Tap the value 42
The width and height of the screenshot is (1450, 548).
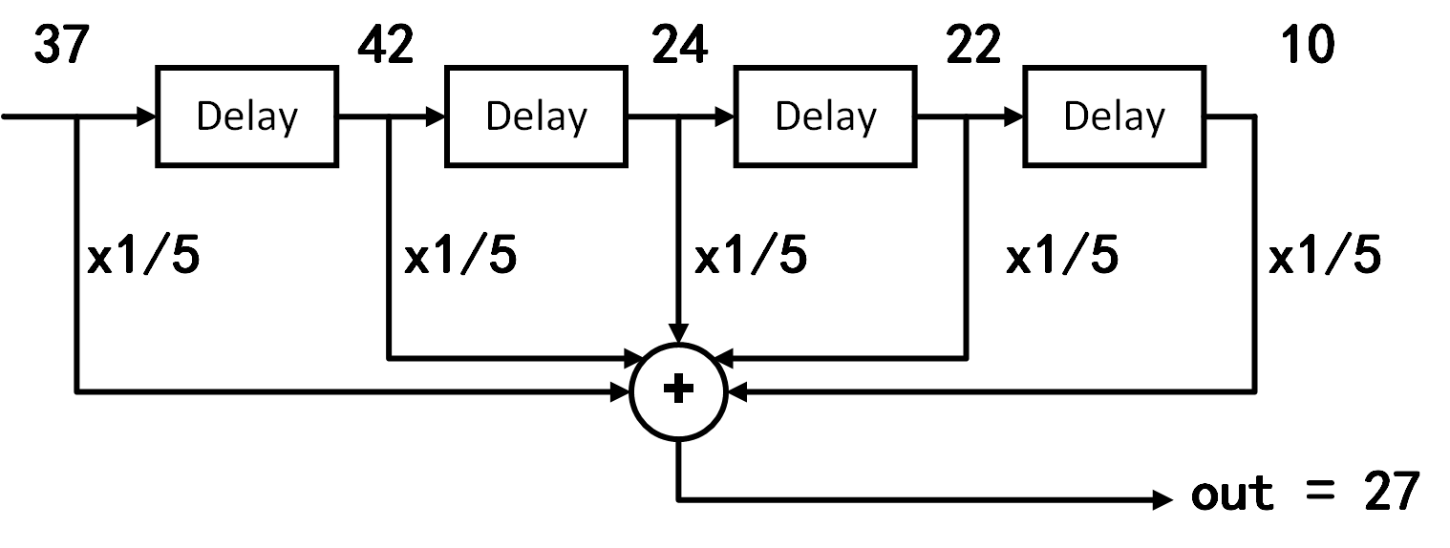coord(386,45)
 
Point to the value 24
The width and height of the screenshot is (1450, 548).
coord(679,45)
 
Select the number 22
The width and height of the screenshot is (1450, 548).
coord(973,45)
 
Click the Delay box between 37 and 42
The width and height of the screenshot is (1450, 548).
coord(246,116)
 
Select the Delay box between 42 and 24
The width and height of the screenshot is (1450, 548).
coord(536,116)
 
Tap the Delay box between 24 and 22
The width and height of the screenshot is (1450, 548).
coord(825,116)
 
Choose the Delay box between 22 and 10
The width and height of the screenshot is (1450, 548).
coord(1114,116)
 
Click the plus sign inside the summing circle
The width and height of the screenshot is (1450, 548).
coord(678,390)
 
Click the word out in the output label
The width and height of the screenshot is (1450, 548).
coord(1232,493)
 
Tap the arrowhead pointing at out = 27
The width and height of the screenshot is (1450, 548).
coord(1163,498)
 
